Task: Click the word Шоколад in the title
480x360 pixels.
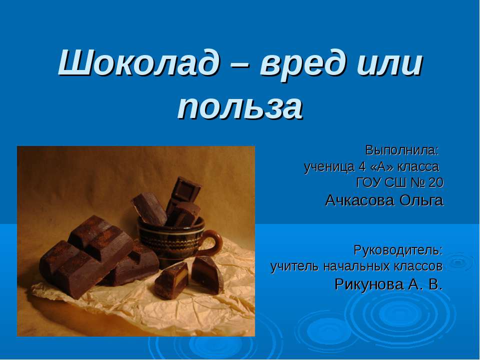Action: pyautogui.click(x=138, y=63)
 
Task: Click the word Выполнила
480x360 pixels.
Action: pyautogui.click(x=402, y=150)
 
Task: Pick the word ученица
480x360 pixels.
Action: pyautogui.click(x=328, y=167)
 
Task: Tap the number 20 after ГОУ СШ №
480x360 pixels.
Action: pyautogui.click(x=436, y=183)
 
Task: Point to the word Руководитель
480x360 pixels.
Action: pyautogui.click(x=398, y=250)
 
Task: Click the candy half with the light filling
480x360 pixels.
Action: pyautogui.click(x=171, y=280)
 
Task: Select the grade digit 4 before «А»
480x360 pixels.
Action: pyautogui.click(x=362, y=167)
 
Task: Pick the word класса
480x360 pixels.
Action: pyautogui.click(x=418, y=167)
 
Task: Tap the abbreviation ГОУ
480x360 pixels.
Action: pyautogui.click(x=368, y=183)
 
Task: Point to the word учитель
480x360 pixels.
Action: pyautogui.click(x=295, y=266)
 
